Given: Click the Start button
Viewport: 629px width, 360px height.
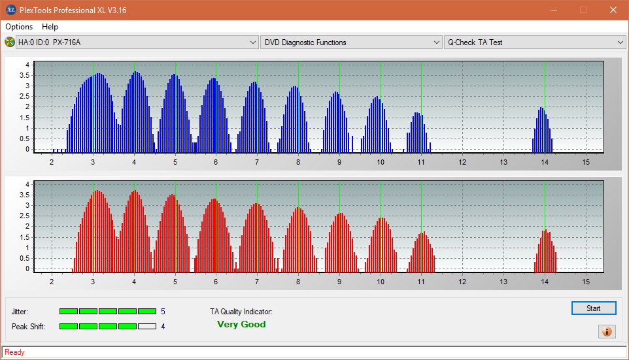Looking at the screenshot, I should point(594,308).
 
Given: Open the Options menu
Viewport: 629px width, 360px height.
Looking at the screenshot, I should point(19,27).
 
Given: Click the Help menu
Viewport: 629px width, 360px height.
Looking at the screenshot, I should point(50,27).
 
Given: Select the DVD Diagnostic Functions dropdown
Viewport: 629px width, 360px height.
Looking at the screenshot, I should point(351,42).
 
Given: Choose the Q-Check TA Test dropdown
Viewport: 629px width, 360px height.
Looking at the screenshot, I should point(534,42).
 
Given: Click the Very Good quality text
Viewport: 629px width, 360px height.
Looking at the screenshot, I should point(241,324).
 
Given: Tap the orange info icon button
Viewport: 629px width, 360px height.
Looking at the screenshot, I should point(607,331).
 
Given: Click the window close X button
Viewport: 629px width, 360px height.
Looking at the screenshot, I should point(613,10).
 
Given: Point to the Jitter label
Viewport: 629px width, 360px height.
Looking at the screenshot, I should point(20,312).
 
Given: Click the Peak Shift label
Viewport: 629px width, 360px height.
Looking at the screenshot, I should point(29,326).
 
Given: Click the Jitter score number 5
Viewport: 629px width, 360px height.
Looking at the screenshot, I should point(163,312).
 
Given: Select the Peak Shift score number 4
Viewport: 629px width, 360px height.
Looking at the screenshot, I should point(163,326).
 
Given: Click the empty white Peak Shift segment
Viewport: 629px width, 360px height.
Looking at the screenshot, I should point(147,326).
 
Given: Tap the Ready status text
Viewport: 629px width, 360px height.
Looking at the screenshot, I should point(14,352).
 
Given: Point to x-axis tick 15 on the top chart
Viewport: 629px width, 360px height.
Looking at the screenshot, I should point(585,161).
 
